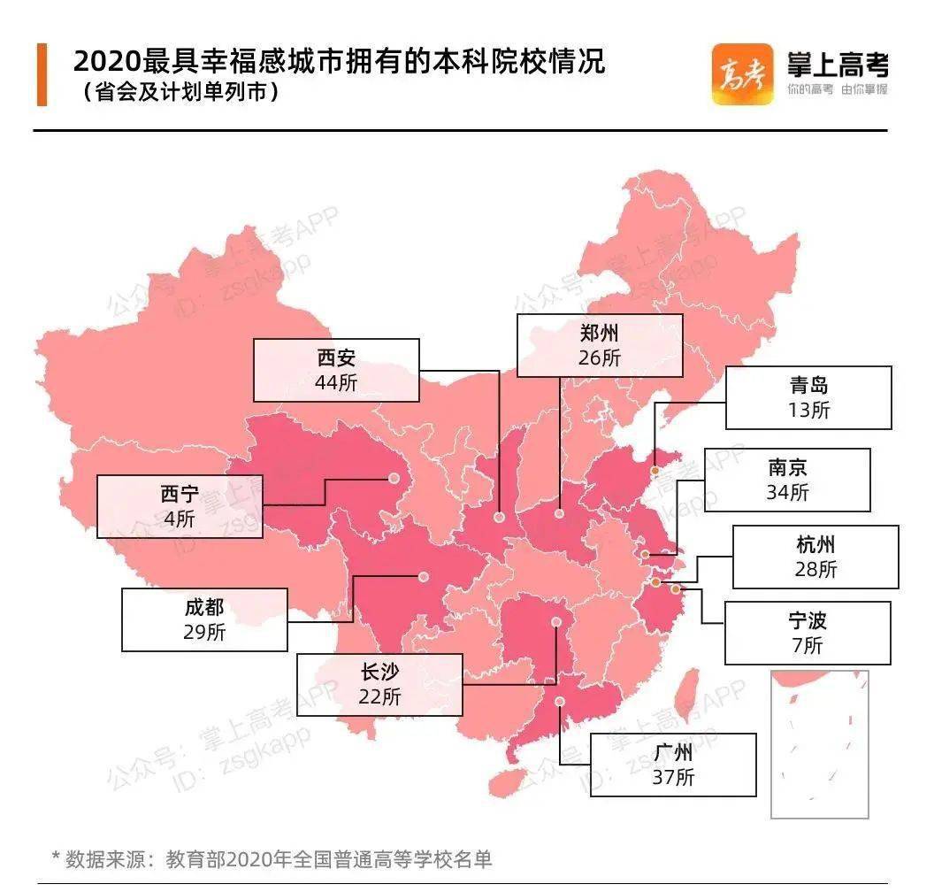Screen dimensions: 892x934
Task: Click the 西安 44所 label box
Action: click(x=335, y=369)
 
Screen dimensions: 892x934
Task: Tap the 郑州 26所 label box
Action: click(x=600, y=344)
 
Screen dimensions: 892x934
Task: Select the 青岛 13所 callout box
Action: click(x=808, y=397)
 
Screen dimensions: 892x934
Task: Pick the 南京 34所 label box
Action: click(x=786, y=480)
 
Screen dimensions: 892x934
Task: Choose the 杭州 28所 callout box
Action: click(x=815, y=557)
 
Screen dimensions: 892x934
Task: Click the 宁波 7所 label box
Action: click(x=807, y=633)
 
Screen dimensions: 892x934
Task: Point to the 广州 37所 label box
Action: click(x=673, y=765)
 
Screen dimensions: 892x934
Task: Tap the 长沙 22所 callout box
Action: click(x=379, y=684)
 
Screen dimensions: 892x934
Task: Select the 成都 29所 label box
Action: click(x=203, y=619)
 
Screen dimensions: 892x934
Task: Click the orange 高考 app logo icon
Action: click(x=742, y=74)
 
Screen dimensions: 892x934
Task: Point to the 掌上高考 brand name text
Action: click(x=836, y=65)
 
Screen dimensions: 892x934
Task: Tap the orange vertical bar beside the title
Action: click(x=42, y=74)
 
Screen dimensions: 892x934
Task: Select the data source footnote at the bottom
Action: click(x=271, y=858)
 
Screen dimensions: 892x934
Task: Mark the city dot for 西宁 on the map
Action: click(x=393, y=480)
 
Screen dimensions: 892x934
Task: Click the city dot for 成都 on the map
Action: click(x=423, y=577)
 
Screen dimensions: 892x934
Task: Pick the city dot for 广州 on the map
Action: click(x=562, y=703)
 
